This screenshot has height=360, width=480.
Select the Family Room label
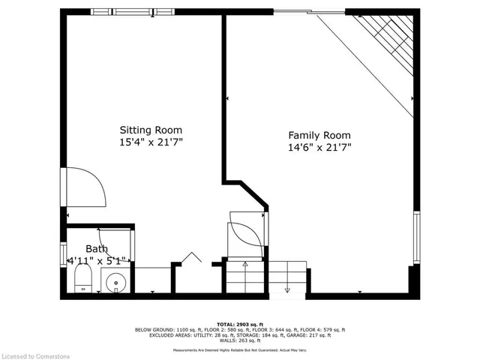319,135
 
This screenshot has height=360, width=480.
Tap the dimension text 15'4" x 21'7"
151,141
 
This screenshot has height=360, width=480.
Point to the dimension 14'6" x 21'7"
319,147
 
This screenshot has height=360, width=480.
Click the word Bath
97,249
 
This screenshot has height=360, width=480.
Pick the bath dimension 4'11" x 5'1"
97,260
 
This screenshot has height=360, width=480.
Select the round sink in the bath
116,283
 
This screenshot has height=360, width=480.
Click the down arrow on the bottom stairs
288,289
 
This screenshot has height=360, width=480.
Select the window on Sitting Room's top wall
124,11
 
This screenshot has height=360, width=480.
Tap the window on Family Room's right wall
416,236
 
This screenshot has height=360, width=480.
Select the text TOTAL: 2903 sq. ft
239,324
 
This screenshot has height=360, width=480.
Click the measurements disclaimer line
239,349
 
